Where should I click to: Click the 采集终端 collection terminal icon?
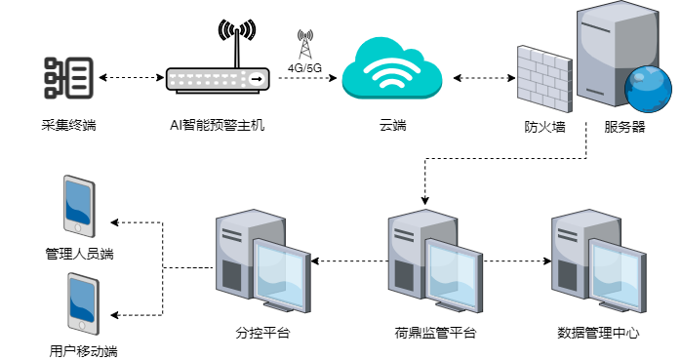pyautogui.click(x=69, y=78)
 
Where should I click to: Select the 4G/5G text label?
pyautogui.click(x=304, y=68)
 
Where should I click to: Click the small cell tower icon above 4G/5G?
pyautogui.click(x=305, y=44)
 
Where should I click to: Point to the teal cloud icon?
pyautogui.click(x=392, y=68)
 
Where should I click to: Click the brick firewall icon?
pyautogui.click(x=544, y=79)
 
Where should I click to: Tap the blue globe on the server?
pyautogui.click(x=648, y=90)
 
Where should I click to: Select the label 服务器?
pyautogui.click(x=624, y=127)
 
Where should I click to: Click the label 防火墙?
pyautogui.click(x=544, y=127)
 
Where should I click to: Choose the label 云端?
pyautogui.click(x=393, y=125)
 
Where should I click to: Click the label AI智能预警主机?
pyautogui.click(x=217, y=125)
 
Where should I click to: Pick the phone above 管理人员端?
pyautogui.click(x=79, y=206)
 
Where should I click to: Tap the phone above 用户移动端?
pyautogui.click(x=83, y=304)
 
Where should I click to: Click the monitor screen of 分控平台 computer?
pyautogui.click(x=281, y=275)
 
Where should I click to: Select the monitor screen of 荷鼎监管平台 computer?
pyautogui.click(x=453, y=275)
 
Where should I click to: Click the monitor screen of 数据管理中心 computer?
pyautogui.click(x=617, y=275)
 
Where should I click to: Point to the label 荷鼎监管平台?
pyautogui.click(x=435, y=333)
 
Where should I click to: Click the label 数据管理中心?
pyautogui.click(x=598, y=333)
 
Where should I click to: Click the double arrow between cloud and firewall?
pyautogui.click(x=484, y=78)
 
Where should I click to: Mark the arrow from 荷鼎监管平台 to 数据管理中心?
pyautogui.click(x=517, y=260)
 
